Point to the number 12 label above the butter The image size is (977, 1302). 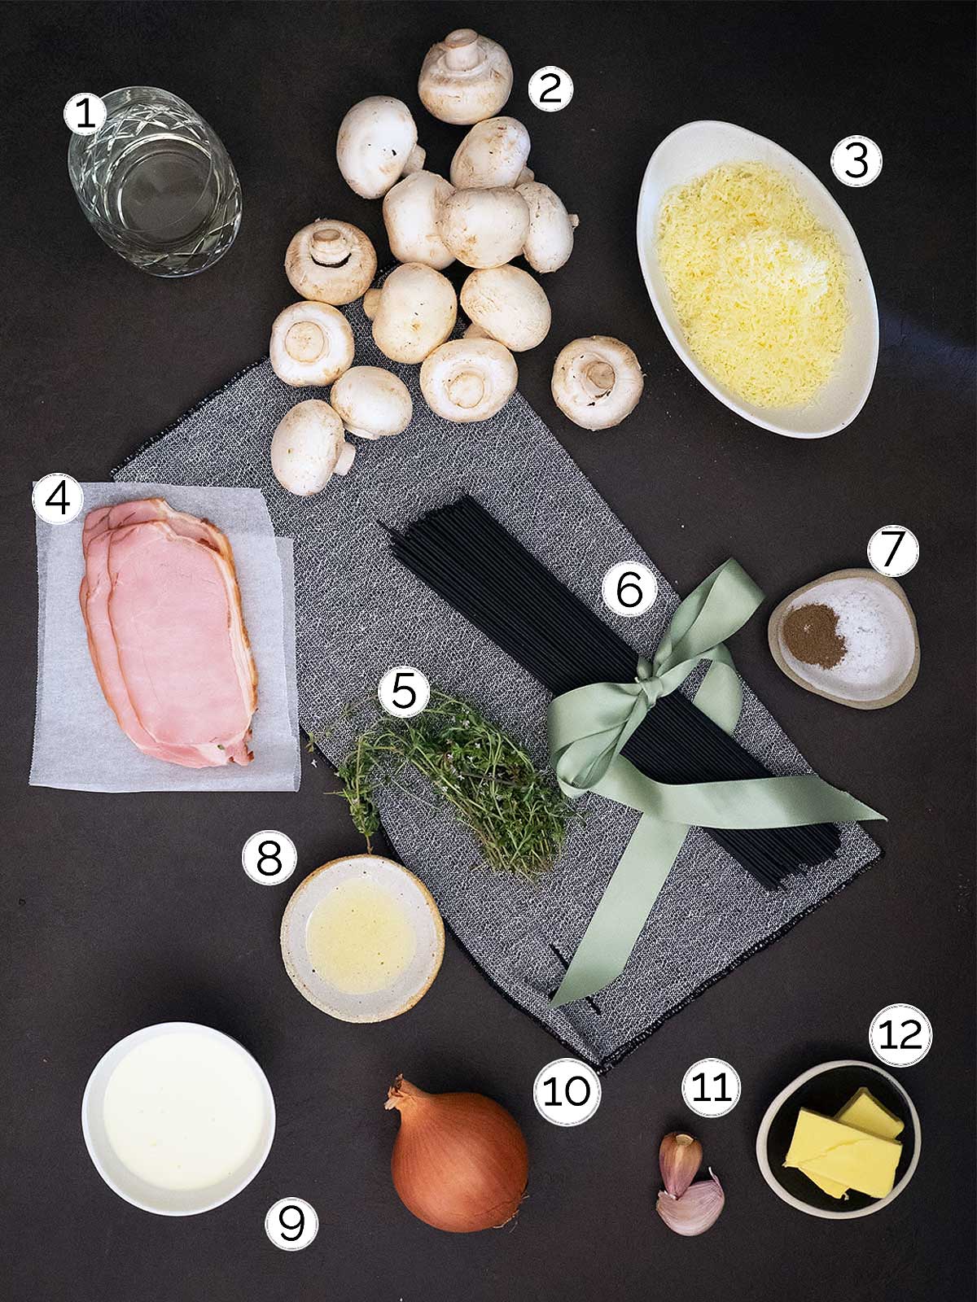[900, 1035]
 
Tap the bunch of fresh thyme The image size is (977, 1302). [451, 783]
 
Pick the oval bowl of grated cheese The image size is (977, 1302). [757, 279]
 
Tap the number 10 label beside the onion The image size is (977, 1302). [567, 1091]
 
